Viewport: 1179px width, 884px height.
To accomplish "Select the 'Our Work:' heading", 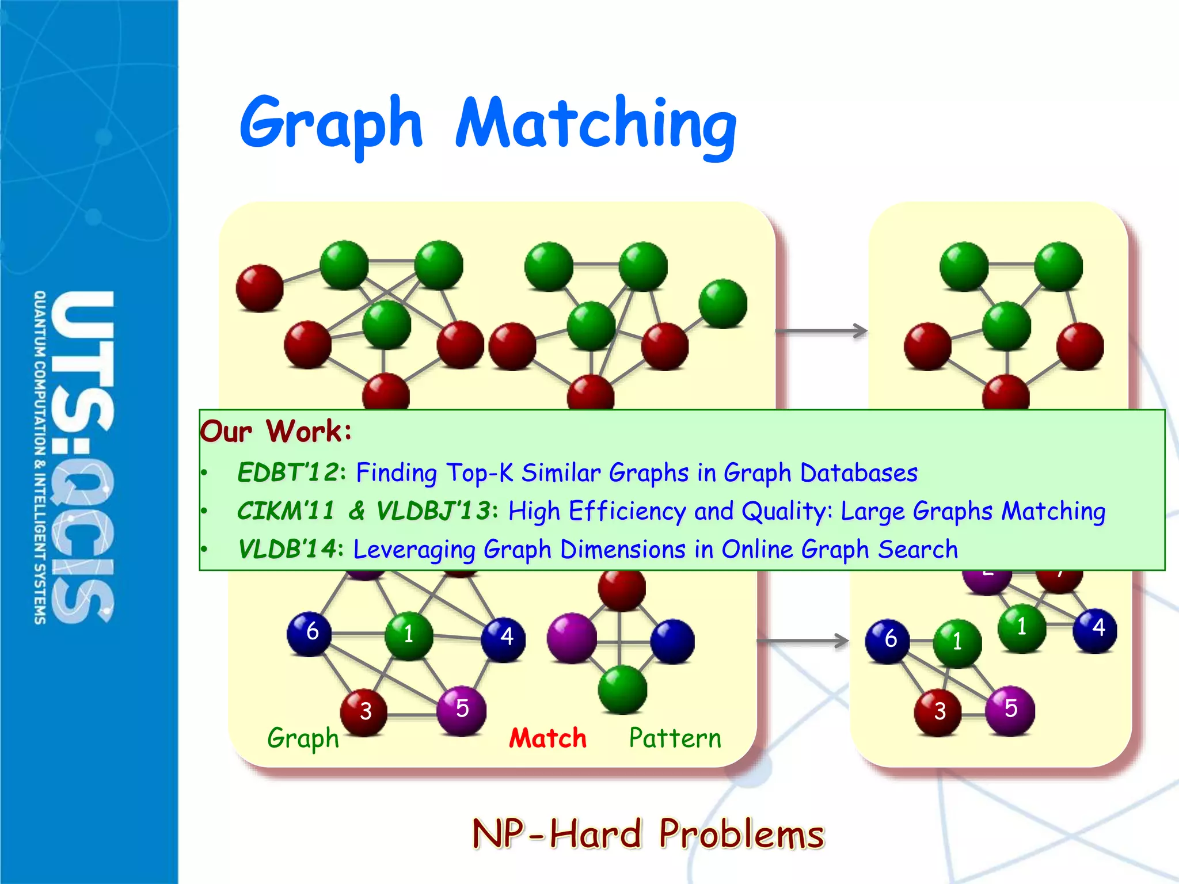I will [x=276, y=431].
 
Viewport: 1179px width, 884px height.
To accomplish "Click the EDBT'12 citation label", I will [x=288, y=473].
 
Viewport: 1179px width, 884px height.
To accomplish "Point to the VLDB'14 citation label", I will [x=287, y=549].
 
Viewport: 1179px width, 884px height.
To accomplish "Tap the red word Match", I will [x=547, y=738].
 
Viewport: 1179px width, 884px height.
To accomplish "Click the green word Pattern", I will [x=675, y=738].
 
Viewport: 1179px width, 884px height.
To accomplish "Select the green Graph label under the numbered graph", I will [x=303, y=738].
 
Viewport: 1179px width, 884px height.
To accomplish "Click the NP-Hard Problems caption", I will [x=648, y=834].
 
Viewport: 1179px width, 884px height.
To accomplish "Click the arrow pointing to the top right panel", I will [x=822, y=331].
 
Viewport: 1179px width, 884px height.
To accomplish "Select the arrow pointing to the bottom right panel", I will [x=803, y=641].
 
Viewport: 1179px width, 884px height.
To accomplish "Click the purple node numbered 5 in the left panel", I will [x=461, y=710].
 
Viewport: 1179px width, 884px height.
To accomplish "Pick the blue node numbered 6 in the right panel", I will [x=888, y=641].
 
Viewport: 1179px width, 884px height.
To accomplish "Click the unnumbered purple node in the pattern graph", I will [x=571, y=638].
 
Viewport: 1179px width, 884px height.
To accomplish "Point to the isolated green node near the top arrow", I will [x=722, y=304].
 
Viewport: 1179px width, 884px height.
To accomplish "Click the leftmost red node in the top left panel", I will [x=260, y=288].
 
